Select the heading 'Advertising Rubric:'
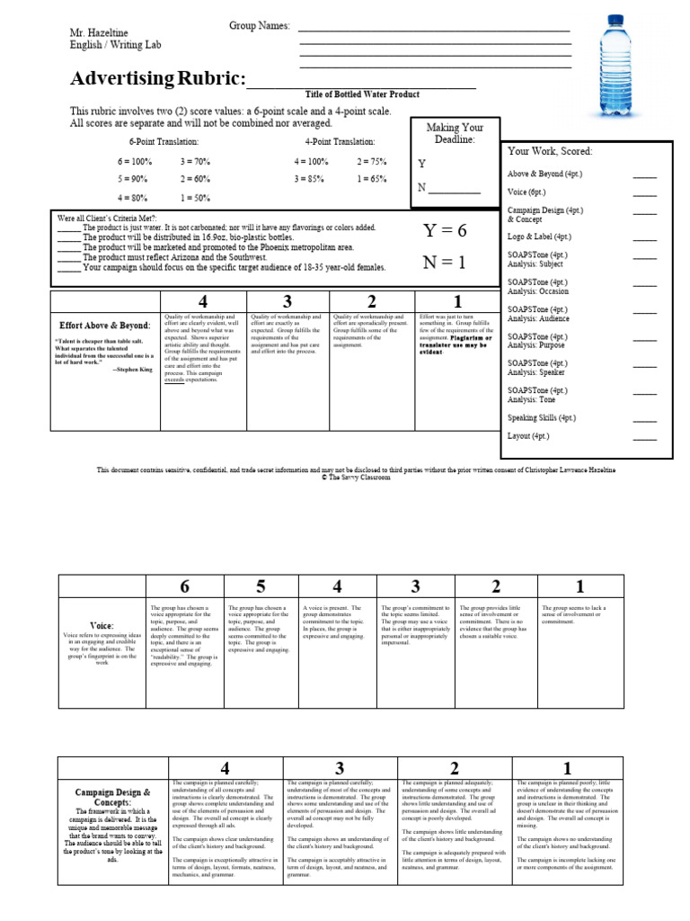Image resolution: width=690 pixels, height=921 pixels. pos(157,79)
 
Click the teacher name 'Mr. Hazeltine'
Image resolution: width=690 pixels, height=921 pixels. pos(100,32)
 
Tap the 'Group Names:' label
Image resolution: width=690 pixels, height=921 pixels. pos(260,26)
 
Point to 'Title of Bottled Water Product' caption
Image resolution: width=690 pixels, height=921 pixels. pos(362,94)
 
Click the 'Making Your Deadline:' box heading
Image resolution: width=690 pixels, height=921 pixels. pos(454,133)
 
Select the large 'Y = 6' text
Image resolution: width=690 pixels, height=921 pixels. pos(445,231)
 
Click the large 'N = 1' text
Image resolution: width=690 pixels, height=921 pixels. pos(445,264)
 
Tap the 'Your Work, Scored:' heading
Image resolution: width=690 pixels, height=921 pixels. pos(550,151)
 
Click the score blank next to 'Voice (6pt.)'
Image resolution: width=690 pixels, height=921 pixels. pos(644,192)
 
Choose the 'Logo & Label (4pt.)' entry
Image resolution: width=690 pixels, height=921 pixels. pos(539,237)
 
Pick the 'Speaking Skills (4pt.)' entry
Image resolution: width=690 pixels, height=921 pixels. pos(541,418)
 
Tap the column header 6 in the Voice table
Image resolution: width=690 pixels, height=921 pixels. pos(184,587)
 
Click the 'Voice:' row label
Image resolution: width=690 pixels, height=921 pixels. pos(102,625)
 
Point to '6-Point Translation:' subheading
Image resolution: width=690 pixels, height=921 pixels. pos(164,142)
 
